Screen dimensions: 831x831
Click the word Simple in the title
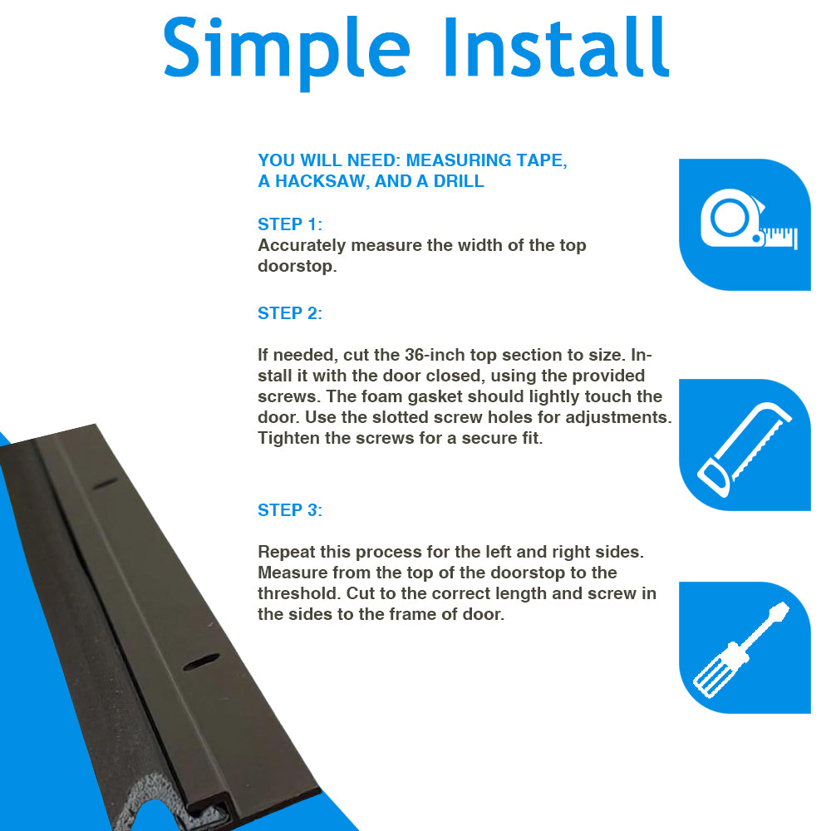click(x=287, y=52)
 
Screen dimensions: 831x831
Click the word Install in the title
click(x=557, y=47)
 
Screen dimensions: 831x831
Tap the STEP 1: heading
click(x=290, y=224)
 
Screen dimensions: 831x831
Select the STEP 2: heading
click(x=290, y=313)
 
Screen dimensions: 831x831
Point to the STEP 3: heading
click(x=290, y=510)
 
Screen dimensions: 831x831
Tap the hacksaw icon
click(x=744, y=450)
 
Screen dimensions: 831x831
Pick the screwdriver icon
click(x=741, y=650)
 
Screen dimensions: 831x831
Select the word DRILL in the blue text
click(x=459, y=181)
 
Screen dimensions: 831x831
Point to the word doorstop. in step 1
click(x=297, y=266)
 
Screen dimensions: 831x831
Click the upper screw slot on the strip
click(x=106, y=484)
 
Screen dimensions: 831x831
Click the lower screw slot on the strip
click(x=201, y=662)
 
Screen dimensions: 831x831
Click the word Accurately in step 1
click(x=302, y=245)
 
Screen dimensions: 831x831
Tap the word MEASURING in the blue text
click(x=459, y=160)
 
